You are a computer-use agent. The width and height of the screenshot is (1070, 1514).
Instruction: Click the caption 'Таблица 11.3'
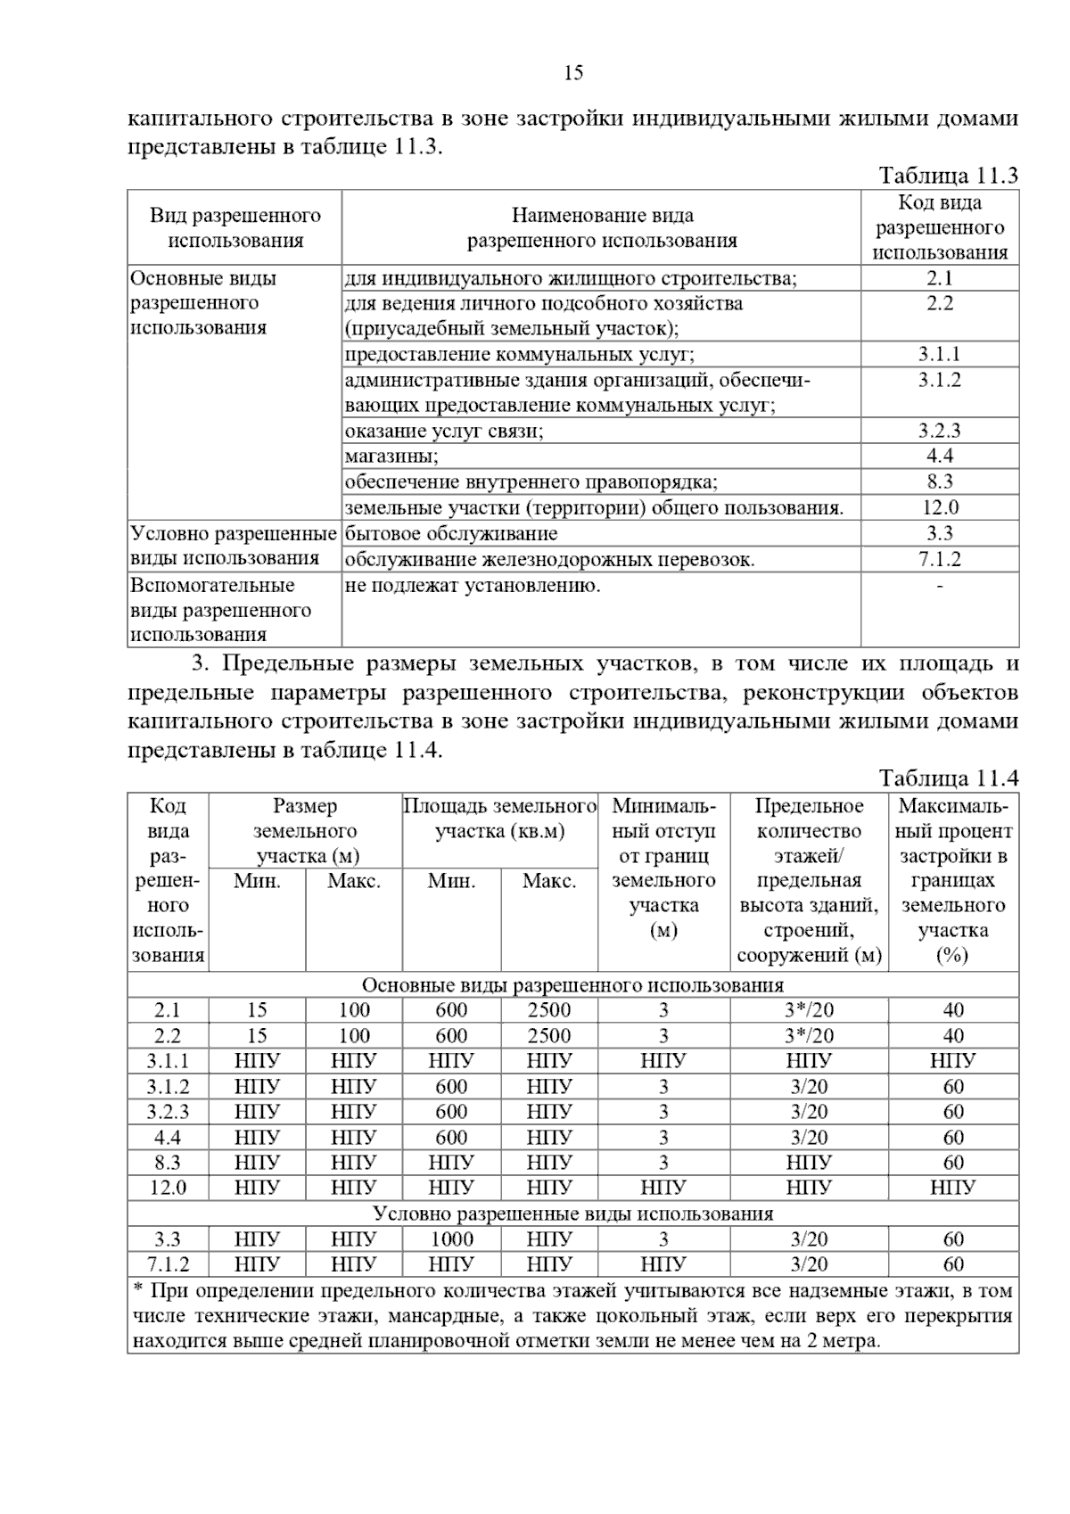click(948, 175)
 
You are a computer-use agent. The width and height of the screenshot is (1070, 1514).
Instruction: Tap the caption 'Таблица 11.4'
click(948, 778)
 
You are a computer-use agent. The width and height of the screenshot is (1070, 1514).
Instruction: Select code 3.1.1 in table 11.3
click(940, 354)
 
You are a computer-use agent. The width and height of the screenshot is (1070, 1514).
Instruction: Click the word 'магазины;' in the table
click(391, 457)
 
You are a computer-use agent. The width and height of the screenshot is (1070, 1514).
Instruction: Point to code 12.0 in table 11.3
click(940, 508)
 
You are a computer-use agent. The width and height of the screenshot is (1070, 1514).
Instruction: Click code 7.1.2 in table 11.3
click(940, 560)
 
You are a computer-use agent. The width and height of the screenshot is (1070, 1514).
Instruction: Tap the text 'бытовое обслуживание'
click(451, 534)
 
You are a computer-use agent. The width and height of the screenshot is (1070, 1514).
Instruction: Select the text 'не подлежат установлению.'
click(473, 586)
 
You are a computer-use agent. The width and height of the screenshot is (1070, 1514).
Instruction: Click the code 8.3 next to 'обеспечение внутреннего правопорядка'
click(940, 482)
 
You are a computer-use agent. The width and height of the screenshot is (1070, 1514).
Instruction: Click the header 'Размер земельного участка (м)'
click(306, 831)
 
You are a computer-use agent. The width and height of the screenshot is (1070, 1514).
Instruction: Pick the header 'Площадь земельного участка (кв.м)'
click(500, 819)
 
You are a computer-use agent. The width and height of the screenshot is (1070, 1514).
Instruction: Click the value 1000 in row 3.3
click(452, 1238)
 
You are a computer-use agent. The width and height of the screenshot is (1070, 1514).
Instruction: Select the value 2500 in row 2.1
click(549, 1010)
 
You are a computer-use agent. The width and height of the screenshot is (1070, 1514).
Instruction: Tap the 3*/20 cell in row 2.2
click(809, 1035)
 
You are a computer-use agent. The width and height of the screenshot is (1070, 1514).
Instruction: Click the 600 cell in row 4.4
click(452, 1137)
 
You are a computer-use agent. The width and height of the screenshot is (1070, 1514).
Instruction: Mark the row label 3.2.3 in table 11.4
click(168, 1112)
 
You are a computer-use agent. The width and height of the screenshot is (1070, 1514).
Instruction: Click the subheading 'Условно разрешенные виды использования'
click(573, 1214)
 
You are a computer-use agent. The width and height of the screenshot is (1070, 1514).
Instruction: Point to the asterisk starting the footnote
click(138, 1289)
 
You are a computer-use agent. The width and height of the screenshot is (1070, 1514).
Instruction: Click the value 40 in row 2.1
click(953, 1010)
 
